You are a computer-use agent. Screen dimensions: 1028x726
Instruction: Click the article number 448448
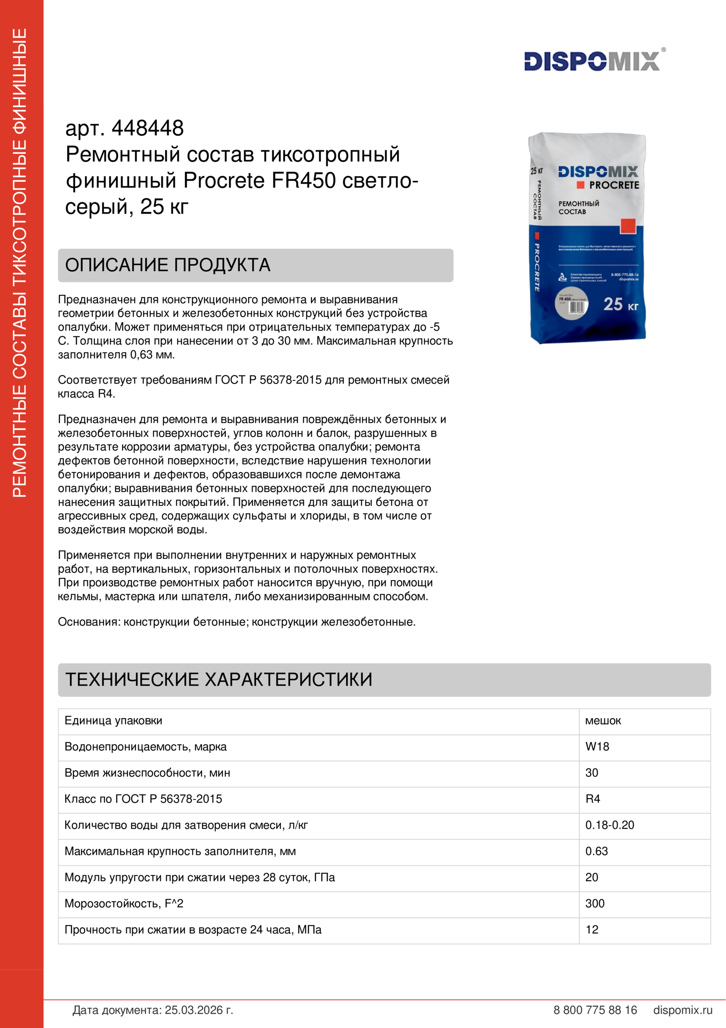148,128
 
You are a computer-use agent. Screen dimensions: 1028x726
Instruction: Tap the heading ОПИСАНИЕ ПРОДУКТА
168,265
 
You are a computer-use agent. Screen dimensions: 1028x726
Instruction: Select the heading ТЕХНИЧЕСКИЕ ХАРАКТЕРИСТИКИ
219,679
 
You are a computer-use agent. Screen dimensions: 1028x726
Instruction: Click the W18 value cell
597,746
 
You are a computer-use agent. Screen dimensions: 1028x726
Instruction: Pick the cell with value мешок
603,720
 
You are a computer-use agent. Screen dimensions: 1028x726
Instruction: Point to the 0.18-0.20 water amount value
609,825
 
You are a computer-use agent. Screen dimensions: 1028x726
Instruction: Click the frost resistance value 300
595,903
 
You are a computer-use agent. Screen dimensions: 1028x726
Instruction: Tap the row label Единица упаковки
113,720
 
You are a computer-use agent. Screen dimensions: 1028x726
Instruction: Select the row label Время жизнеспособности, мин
147,773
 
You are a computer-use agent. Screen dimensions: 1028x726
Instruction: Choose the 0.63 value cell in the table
596,851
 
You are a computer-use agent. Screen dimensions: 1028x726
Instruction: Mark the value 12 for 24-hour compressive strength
592,930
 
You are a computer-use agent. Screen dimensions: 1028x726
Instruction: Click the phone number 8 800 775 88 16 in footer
595,1010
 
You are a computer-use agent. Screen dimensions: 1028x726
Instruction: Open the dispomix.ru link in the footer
683,1010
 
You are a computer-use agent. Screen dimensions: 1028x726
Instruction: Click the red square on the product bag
628,226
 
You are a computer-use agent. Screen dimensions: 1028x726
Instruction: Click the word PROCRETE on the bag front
614,185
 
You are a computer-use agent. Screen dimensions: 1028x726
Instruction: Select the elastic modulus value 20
591,877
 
